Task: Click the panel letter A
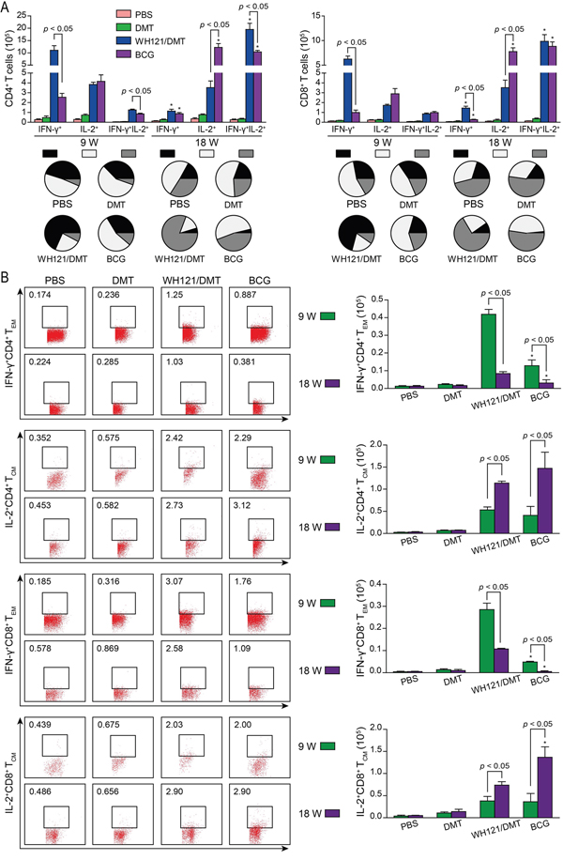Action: [7, 8]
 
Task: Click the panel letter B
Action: [7, 279]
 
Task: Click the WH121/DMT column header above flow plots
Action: [185, 280]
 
